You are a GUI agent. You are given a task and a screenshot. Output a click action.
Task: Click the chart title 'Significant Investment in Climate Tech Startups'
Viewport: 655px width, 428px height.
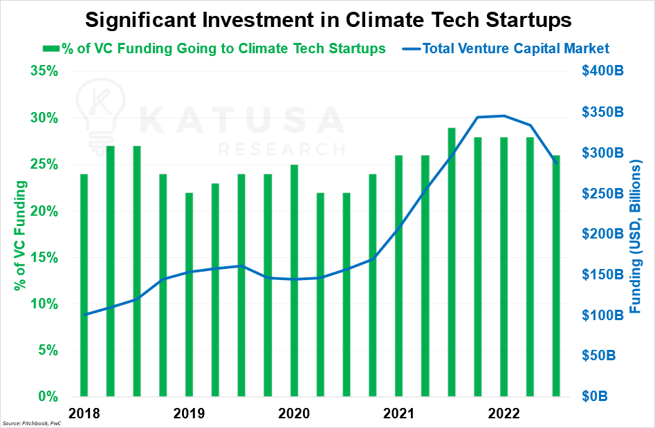[327, 19]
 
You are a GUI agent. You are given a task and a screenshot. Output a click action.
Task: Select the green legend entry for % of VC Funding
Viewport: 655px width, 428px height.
[214, 48]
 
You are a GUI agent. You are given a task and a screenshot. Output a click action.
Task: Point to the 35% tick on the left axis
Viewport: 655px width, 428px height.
[44, 71]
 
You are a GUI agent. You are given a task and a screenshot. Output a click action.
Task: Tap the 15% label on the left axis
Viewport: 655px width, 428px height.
[44, 257]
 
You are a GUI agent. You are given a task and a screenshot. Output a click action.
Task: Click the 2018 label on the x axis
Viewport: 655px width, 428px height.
[84, 413]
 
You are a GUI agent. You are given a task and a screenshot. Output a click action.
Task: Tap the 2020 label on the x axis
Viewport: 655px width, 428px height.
[294, 413]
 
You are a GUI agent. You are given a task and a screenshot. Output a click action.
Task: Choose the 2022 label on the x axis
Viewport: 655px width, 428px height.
[504, 413]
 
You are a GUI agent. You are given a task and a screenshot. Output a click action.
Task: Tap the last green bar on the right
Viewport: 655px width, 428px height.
[556, 277]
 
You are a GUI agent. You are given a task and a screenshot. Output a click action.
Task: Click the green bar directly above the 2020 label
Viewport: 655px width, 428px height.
[294, 281]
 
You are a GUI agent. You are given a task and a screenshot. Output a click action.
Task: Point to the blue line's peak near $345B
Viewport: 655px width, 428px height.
[504, 116]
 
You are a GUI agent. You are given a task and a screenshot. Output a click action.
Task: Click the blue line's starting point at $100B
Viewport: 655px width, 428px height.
[84, 315]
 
